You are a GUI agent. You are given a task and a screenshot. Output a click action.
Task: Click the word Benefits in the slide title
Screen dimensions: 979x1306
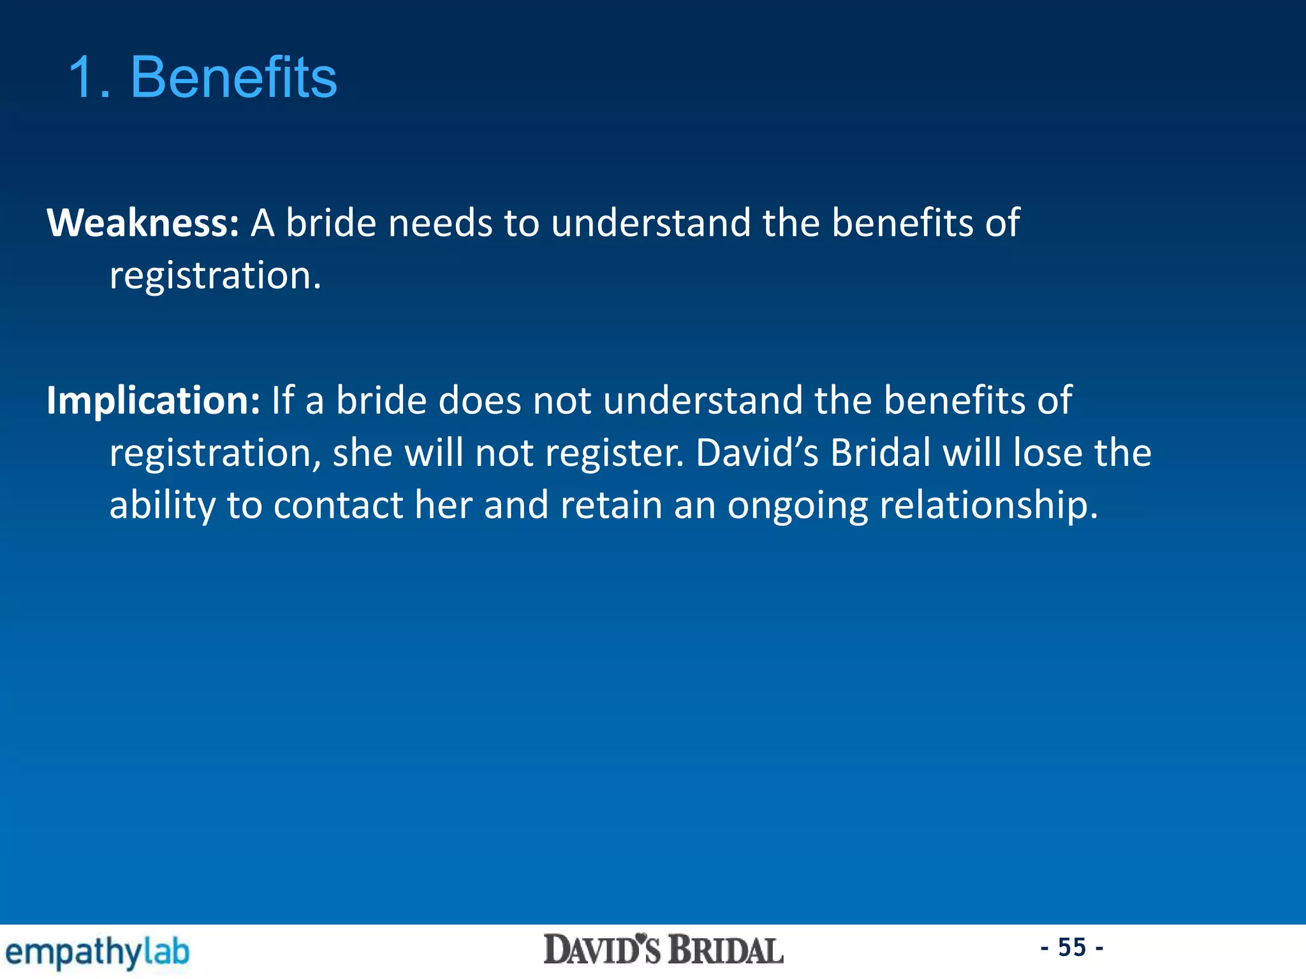coord(233,77)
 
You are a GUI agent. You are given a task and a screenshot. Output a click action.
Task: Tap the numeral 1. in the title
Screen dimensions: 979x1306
coord(89,77)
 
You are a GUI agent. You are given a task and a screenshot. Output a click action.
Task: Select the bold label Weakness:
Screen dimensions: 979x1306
coord(143,223)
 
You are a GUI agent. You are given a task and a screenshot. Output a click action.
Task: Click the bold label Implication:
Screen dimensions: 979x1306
coord(153,400)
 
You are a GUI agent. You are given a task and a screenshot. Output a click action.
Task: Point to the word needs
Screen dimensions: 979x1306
coord(440,223)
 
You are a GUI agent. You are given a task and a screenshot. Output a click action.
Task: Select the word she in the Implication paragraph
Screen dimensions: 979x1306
coord(362,453)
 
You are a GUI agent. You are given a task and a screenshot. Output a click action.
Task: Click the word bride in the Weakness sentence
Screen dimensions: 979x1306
coord(331,223)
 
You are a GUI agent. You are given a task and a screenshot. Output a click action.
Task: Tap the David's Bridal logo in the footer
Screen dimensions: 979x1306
coord(663,950)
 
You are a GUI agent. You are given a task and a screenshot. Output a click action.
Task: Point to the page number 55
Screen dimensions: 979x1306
coord(1072,947)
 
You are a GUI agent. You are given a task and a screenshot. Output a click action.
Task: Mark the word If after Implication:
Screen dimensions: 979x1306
coord(282,400)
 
